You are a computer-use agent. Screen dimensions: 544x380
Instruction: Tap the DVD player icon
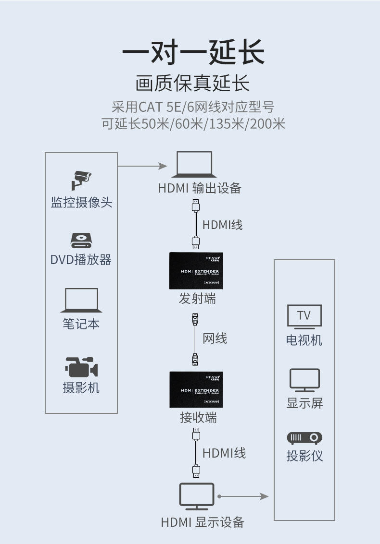[x=81, y=240]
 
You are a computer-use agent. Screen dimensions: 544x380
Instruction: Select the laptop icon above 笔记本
[x=81, y=301]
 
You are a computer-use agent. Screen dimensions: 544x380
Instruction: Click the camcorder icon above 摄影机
[x=81, y=367]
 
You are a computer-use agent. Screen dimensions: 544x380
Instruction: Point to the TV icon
[x=304, y=316]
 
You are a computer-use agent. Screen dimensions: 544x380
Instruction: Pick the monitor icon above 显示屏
[x=304, y=380]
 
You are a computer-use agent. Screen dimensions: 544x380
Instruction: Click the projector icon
[x=304, y=438]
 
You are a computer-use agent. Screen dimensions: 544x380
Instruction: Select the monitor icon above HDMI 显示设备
[x=197, y=497]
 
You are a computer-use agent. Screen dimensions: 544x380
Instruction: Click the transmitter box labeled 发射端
[x=196, y=271]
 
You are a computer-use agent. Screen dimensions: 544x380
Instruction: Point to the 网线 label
[x=215, y=338]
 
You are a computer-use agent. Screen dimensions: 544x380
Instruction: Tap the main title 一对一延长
[x=193, y=52]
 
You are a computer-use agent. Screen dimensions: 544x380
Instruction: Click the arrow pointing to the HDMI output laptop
[x=142, y=166]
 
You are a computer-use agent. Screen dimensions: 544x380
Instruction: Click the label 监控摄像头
[x=81, y=202]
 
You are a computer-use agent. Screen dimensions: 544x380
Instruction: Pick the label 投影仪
[x=304, y=456]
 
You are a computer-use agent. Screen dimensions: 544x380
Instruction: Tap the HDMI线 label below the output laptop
[x=222, y=224]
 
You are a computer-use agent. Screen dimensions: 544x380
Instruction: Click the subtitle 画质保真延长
[x=192, y=84]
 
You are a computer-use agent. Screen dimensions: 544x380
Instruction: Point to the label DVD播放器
[x=81, y=260]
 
